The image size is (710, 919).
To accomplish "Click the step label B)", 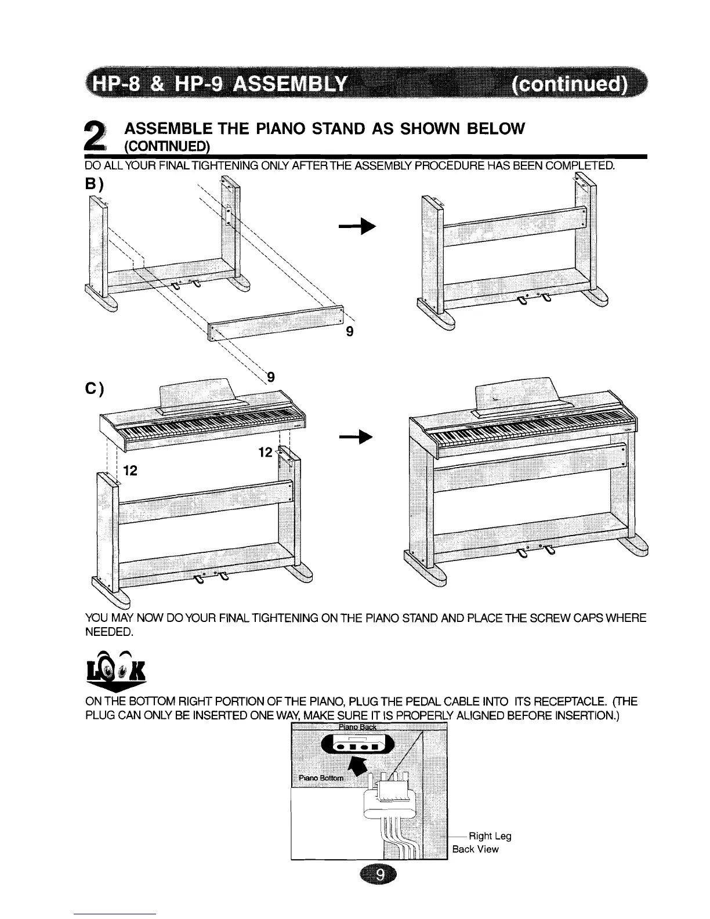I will (x=94, y=184).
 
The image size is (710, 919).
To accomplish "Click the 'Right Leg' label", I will (x=490, y=836).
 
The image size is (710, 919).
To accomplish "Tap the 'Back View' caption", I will (x=475, y=849).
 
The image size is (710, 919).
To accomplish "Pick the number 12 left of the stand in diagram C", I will (x=130, y=471).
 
